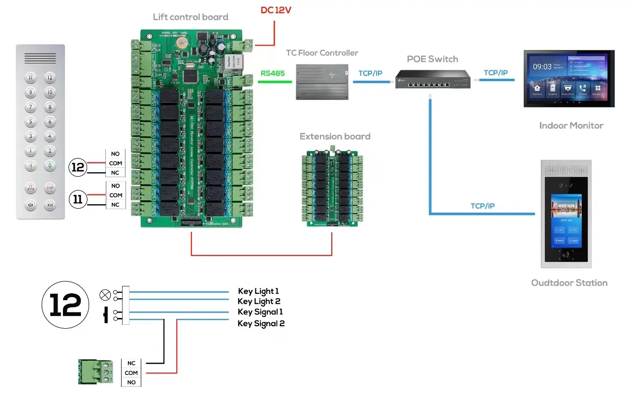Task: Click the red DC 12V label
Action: (x=276, y=10)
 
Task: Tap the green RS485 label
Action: (x=272, y=73)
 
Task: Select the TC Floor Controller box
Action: (x=322, y=81)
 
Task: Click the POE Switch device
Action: (x=433, y=79)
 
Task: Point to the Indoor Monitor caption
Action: (x=571, y=125)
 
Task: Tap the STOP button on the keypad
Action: (x=50, y=188)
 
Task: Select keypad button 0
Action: (x=50, y=166)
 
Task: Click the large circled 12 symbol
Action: (x=65, y=305)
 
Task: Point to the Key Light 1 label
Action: (x=258, y=291)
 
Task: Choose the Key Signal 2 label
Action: (x=261, y=323)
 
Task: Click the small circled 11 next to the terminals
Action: (x=78, y=199)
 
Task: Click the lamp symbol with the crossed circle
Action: (x=105, y=294)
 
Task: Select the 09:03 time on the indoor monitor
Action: (x=542, y=66)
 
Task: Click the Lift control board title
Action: (x=190, y=17)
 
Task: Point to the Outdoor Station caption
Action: (x=569, y=283)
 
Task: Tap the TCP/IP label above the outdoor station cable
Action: (x=482, y=206)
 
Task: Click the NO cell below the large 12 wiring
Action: (x=131, y=382)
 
